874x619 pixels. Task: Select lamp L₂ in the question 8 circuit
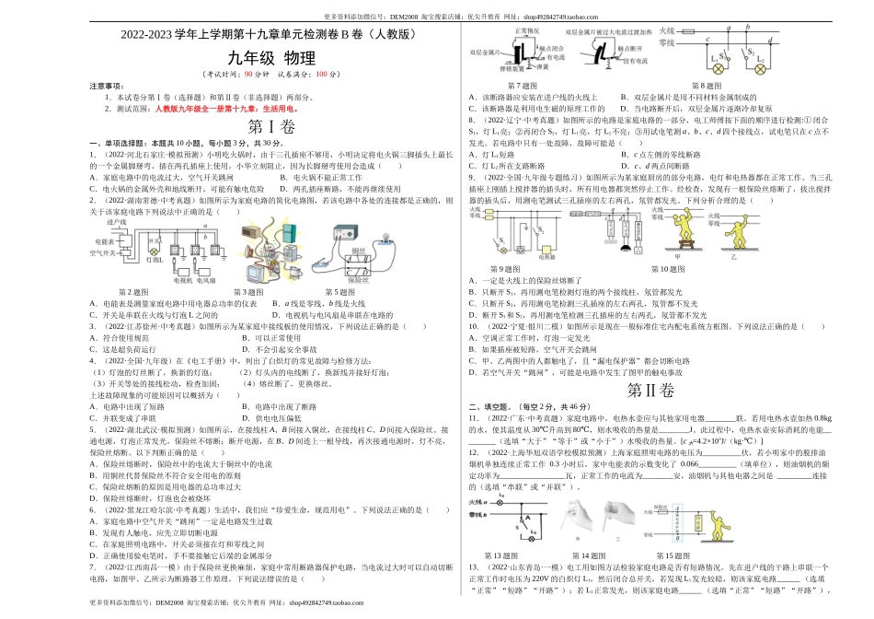[x=760, y=68]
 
